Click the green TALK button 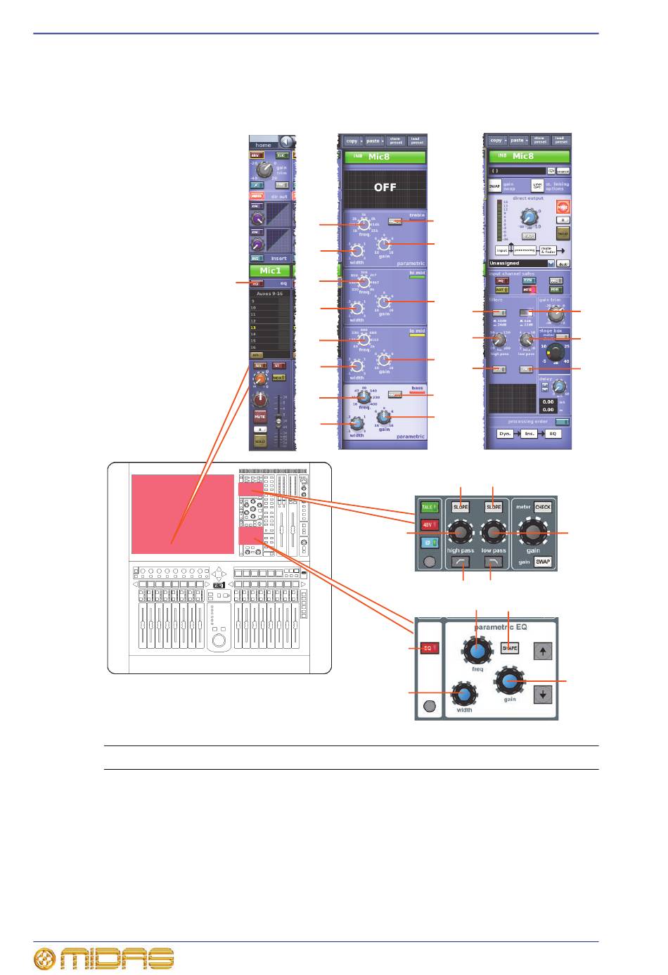pos(429,507)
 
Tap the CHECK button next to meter pos(543,507)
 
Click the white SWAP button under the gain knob pos(543,562)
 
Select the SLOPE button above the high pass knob pos(461,507)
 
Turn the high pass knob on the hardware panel pos(461,534)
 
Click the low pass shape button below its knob pos(494,562)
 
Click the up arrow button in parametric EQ pos(542,652)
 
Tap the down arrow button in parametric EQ pos(542,694)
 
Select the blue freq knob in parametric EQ pos(477,652)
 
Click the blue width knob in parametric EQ pos(464,695)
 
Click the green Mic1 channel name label pos(270,271)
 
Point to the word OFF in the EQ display pos(385,188)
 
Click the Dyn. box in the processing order pos(506,434)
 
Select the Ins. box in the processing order pos(529,434)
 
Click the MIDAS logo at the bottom pos(104,959)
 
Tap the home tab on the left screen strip pos(264,145)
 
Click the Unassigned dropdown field pos(521,263)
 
